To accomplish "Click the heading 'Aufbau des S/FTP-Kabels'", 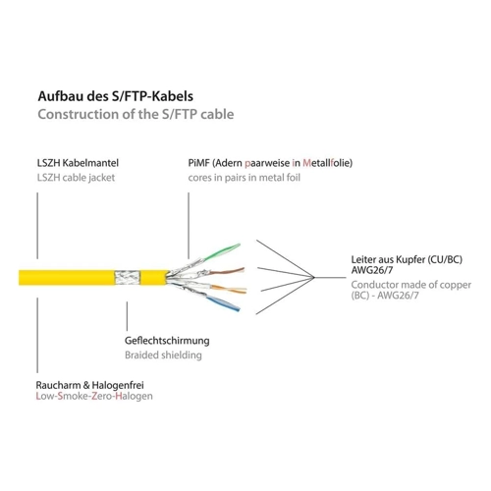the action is pyautogui.click(x=116, y=96).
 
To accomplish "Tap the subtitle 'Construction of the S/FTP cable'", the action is pyautogui.click(x=136, y=115).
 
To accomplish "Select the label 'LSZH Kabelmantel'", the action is pyautogui.click(x=78, y=163).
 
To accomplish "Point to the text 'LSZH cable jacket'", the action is pyautogui.click(x=76, y=178).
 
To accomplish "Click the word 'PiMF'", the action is pyautogui.click(x=198, y=163).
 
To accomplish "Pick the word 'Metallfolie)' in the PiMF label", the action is pyautogui.click(x=328, y=163).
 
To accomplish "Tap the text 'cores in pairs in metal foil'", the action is pyautogui.click(x=245, y=178).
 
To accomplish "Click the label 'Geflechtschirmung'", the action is pyautogui.click(x=167, y=341).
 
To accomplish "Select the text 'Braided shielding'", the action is pyautogui.click(x=163, y=355).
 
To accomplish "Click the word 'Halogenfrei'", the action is pyautogui.click(x=118, y=385).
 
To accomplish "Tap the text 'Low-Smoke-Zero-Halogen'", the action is pyautogui.click(x=94, y=396).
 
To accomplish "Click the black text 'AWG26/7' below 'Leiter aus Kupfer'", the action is pyautogui.click(x=372, y=270).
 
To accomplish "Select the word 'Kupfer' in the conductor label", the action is pyautogui.click(x=410, y=259).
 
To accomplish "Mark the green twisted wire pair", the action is pyautogui.click(x=221, y=252).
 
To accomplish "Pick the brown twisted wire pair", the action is pyautogui.click(x=227, y=271).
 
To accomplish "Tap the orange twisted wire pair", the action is pyautogui.click(x=229, y=289).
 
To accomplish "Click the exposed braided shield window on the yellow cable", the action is pyautogui.click(x=128, y=278).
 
